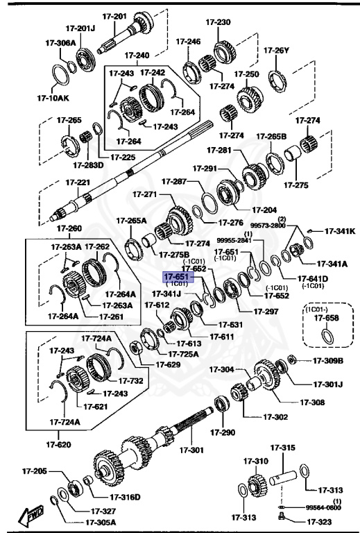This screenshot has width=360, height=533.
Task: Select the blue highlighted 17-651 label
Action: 176,276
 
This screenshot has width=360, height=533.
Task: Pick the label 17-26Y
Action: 277,49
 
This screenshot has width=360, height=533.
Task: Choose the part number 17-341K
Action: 340,231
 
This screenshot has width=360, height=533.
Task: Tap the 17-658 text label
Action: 325,317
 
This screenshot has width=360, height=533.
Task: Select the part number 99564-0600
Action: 324,508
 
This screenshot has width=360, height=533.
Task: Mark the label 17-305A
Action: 101,523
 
